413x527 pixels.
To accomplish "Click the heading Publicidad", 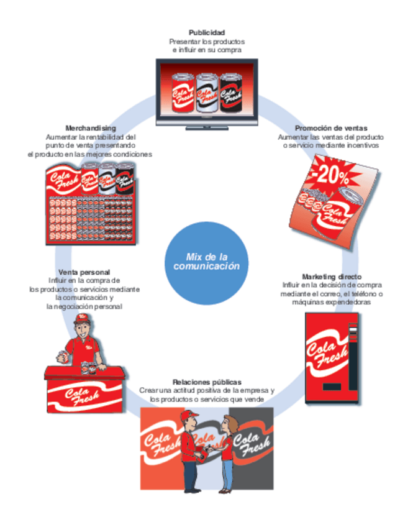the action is [206, 32].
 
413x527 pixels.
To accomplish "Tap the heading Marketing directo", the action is [332, 276].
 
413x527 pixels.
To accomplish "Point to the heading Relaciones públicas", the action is [207, 381].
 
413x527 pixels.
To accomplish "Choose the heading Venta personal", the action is [84, 272].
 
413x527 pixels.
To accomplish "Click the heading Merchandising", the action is [91, 128].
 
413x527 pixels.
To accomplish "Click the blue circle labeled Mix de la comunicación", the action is [206, 261].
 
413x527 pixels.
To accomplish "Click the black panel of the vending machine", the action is [353, 360].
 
